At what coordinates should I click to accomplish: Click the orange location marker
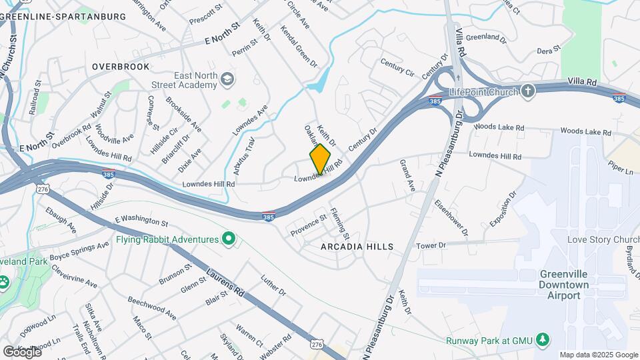tap(321, 159)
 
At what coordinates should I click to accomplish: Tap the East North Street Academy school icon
tap(228, 80)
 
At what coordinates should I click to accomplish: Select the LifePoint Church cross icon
tap(527, 91)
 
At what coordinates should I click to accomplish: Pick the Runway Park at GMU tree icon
tap(543, 340)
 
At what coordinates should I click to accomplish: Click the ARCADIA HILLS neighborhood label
tap(357, 247)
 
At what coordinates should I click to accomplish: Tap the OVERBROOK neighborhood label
tap(121, 67)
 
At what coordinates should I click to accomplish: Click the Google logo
tap(21, 351)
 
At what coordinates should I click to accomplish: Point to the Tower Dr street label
tap(431, 245)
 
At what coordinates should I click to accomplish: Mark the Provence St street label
tap(308, 223)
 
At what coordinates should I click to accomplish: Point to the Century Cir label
tap(397, 67)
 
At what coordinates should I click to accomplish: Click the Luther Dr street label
tap(273, 286)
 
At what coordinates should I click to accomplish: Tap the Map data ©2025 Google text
tap(598, 355)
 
